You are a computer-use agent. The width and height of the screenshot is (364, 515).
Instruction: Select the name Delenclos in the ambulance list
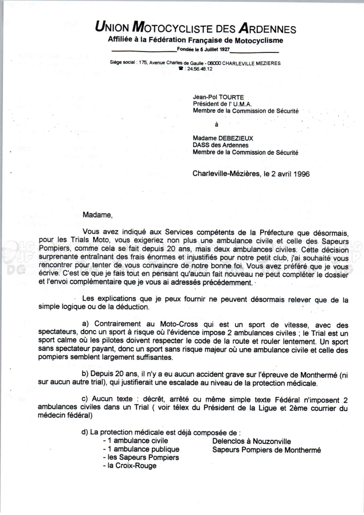click(229, 441)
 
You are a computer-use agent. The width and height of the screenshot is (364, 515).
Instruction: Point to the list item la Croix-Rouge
click(130, 466)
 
